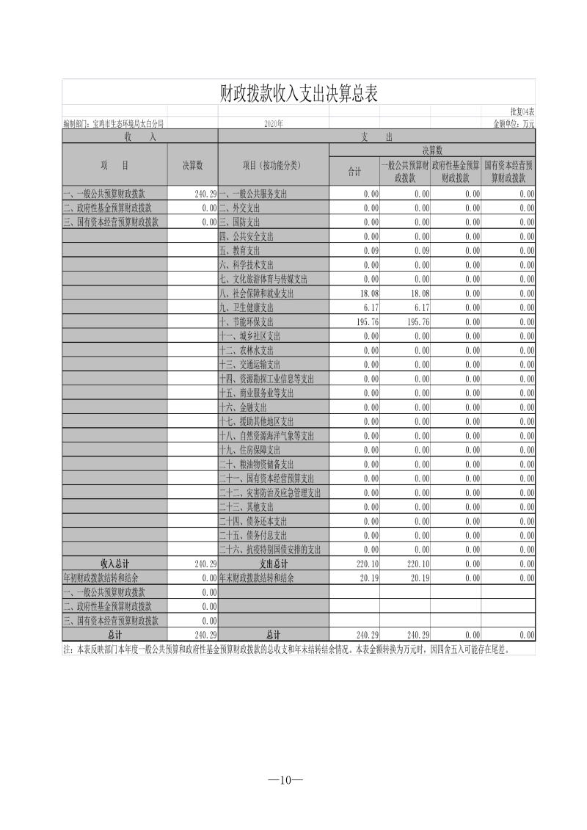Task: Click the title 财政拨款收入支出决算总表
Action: click(x=299, y=92)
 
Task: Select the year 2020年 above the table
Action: click(x=274, y=124)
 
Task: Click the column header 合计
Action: click(x=354, y=172)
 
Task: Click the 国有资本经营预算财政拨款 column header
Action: click(x=508, y=172)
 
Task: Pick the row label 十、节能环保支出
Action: click(x=246, y=321)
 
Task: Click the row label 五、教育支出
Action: click(x=241, y=250)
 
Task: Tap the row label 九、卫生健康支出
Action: click(x=246, y=307)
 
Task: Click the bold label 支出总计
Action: click(x=273, y=564)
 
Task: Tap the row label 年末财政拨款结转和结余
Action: click(x=256, y=578)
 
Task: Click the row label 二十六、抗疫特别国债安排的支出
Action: click(x=270, y=550)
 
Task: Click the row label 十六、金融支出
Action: click(x=243, y=407)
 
